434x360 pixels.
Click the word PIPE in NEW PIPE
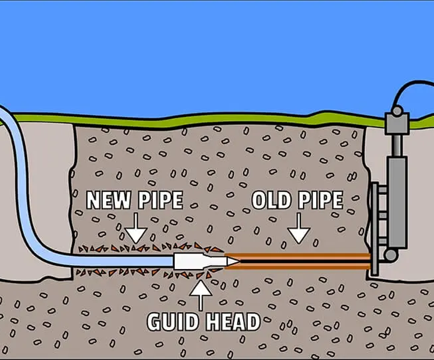click(x=160, y=200)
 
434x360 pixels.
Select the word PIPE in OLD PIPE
click(x=322, y=200)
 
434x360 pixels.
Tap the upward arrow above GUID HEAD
click(x=201, y=293)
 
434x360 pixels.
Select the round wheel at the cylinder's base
click(x=390, y=255)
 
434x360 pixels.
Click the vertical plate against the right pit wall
click(x=376, y=227)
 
